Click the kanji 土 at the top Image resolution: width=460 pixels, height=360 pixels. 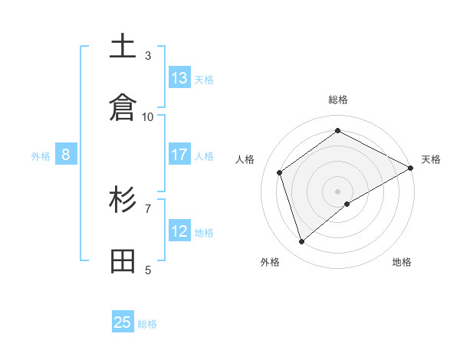pyautogui.click(x=123, y=47)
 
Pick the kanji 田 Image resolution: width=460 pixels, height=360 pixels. pyautogui.click(x=123, y=261)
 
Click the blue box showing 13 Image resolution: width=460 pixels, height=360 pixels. pyautogui.click(x=179, y=78)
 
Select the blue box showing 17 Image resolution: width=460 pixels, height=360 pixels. pyautogui.click(x=179, y=155)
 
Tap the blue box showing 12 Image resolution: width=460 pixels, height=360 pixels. pyautogui.click(x=179, y=231)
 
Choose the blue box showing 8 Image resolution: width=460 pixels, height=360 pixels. pyautogui.click(x=66, y=155)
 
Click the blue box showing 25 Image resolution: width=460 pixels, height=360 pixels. pyautogui.click(x=123, y=322)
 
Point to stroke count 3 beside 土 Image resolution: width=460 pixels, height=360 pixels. pyautogui.click(x=148, y=55)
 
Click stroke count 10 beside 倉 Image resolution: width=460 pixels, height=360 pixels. pyautogui.click(x=148, y=116)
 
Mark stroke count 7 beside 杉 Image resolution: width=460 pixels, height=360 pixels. pyautogui.click(x=148, y=208)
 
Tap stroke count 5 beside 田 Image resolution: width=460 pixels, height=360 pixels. pyautogui.click(x=148, y=269)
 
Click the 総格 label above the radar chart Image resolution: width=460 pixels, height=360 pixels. pyautogui.click(x=338, y=100)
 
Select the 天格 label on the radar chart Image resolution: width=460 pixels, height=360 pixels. pyautogui.click(x=431, y=159)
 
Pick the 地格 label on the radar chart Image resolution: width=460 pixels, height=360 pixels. pyautogui.click(x=402, y=262)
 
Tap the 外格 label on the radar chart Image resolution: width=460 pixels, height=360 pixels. pyautogui.click(x=270, y=262)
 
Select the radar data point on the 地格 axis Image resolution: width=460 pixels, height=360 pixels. pyautogui.click(x=347, y=204)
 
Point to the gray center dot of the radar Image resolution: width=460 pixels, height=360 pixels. pyautogui.click(x=338, y=191)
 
